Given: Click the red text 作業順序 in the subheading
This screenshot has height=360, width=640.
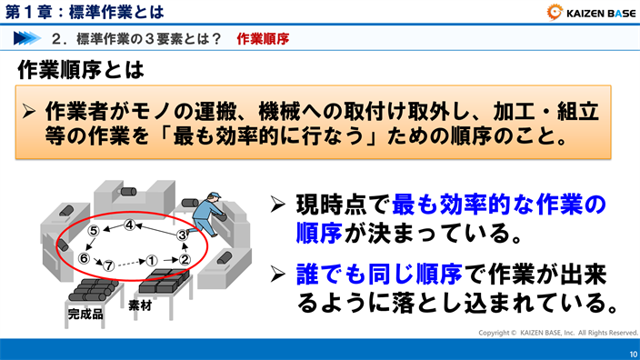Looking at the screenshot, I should coord(263,39).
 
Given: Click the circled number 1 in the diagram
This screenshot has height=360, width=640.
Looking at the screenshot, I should coord(153,259).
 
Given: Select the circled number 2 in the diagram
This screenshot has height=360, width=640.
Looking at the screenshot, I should coord(184,258).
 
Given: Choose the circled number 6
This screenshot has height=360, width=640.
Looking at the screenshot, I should coord(84,258).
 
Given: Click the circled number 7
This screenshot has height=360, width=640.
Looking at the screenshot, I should coord(109,265).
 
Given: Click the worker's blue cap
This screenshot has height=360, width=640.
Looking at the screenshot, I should coord(212,195).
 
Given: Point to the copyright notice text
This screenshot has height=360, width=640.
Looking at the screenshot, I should coord(558,333).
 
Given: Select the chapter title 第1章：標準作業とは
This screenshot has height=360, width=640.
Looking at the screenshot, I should coord(85,12).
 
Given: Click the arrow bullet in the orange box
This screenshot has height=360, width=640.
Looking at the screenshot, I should coord(30,113).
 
